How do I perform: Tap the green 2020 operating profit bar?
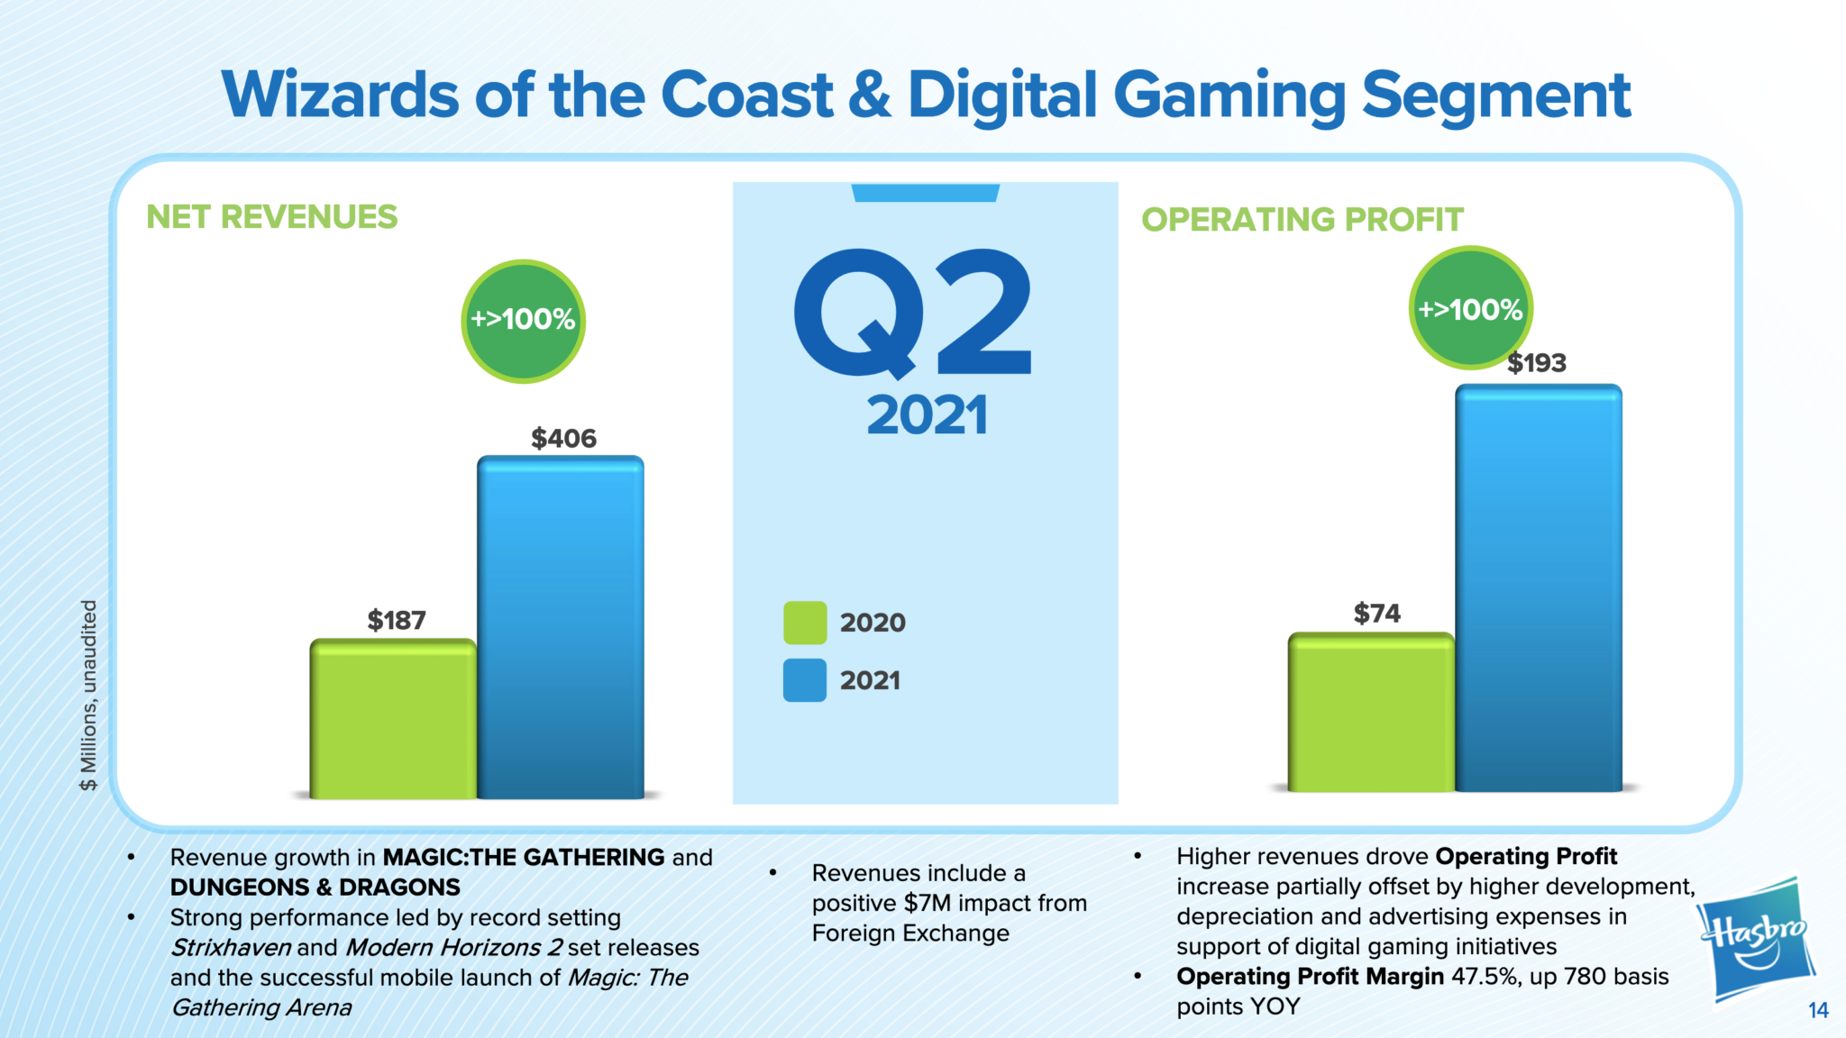1371,713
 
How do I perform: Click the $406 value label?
563,439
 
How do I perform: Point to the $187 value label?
397,621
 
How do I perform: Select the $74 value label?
1376,614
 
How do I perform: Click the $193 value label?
1537,363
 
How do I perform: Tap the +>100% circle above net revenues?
523,321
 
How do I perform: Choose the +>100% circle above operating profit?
1470,309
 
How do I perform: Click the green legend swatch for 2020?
805,623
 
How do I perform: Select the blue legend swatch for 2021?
805,680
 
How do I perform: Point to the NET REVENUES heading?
271,217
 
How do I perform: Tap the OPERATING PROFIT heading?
1302,220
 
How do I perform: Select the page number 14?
1818,1010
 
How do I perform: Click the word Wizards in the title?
341,95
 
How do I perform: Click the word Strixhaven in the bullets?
231,948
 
